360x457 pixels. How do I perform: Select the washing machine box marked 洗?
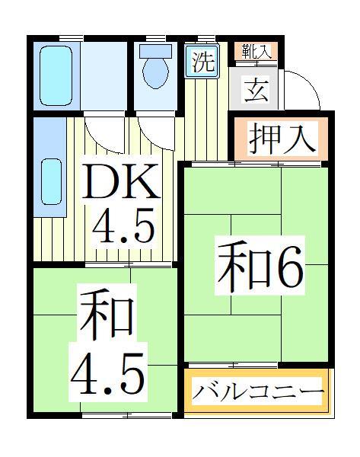(202, 62)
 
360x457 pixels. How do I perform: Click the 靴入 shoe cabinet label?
(255, 51)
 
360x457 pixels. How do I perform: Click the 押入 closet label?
(281, 140)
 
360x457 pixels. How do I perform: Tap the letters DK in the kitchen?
(121, 182)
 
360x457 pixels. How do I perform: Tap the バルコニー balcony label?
(257, 392)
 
